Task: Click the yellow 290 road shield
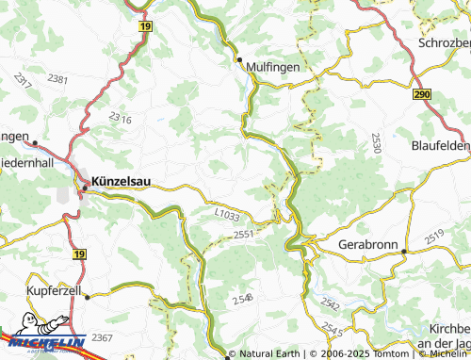click(x=422, y=94)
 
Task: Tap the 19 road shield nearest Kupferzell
click(x=79, y=254)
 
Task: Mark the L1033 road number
click(x=227, y=215)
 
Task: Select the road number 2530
click(x=376, y=143)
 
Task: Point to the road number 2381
click(x=57, y=79)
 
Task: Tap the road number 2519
click(x=434, y=237)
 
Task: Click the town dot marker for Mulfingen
click(x=239, y=59)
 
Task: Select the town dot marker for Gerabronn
click(x=403, y=252)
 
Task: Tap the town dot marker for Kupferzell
click(x=87, y=296)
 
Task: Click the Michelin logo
click(x=42, y=344)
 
